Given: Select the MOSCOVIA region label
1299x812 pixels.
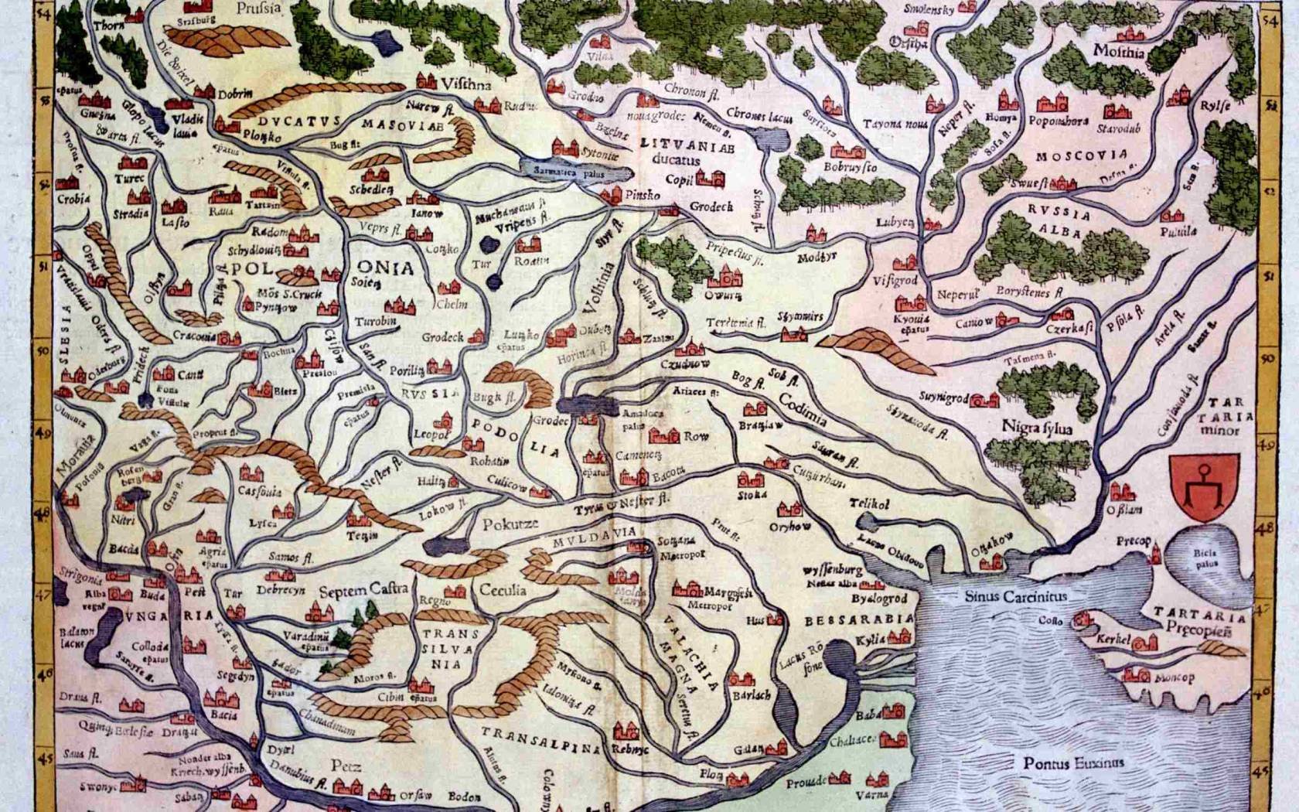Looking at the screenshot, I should click(1082, 155).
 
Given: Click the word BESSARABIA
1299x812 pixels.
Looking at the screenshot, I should click(858, 619).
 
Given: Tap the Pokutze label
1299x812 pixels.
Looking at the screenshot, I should click(510, 524).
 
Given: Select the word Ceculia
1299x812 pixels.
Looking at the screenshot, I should click(503, 590).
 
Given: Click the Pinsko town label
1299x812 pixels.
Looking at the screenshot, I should click(643, 196).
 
